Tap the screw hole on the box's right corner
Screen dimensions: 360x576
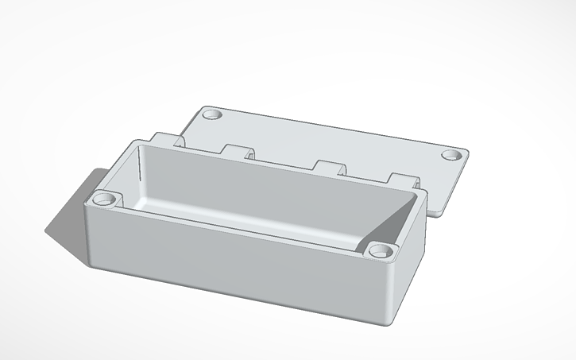(381, 252)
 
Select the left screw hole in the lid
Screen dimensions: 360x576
(212, 115)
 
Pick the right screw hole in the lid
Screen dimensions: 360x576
(451, 155)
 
